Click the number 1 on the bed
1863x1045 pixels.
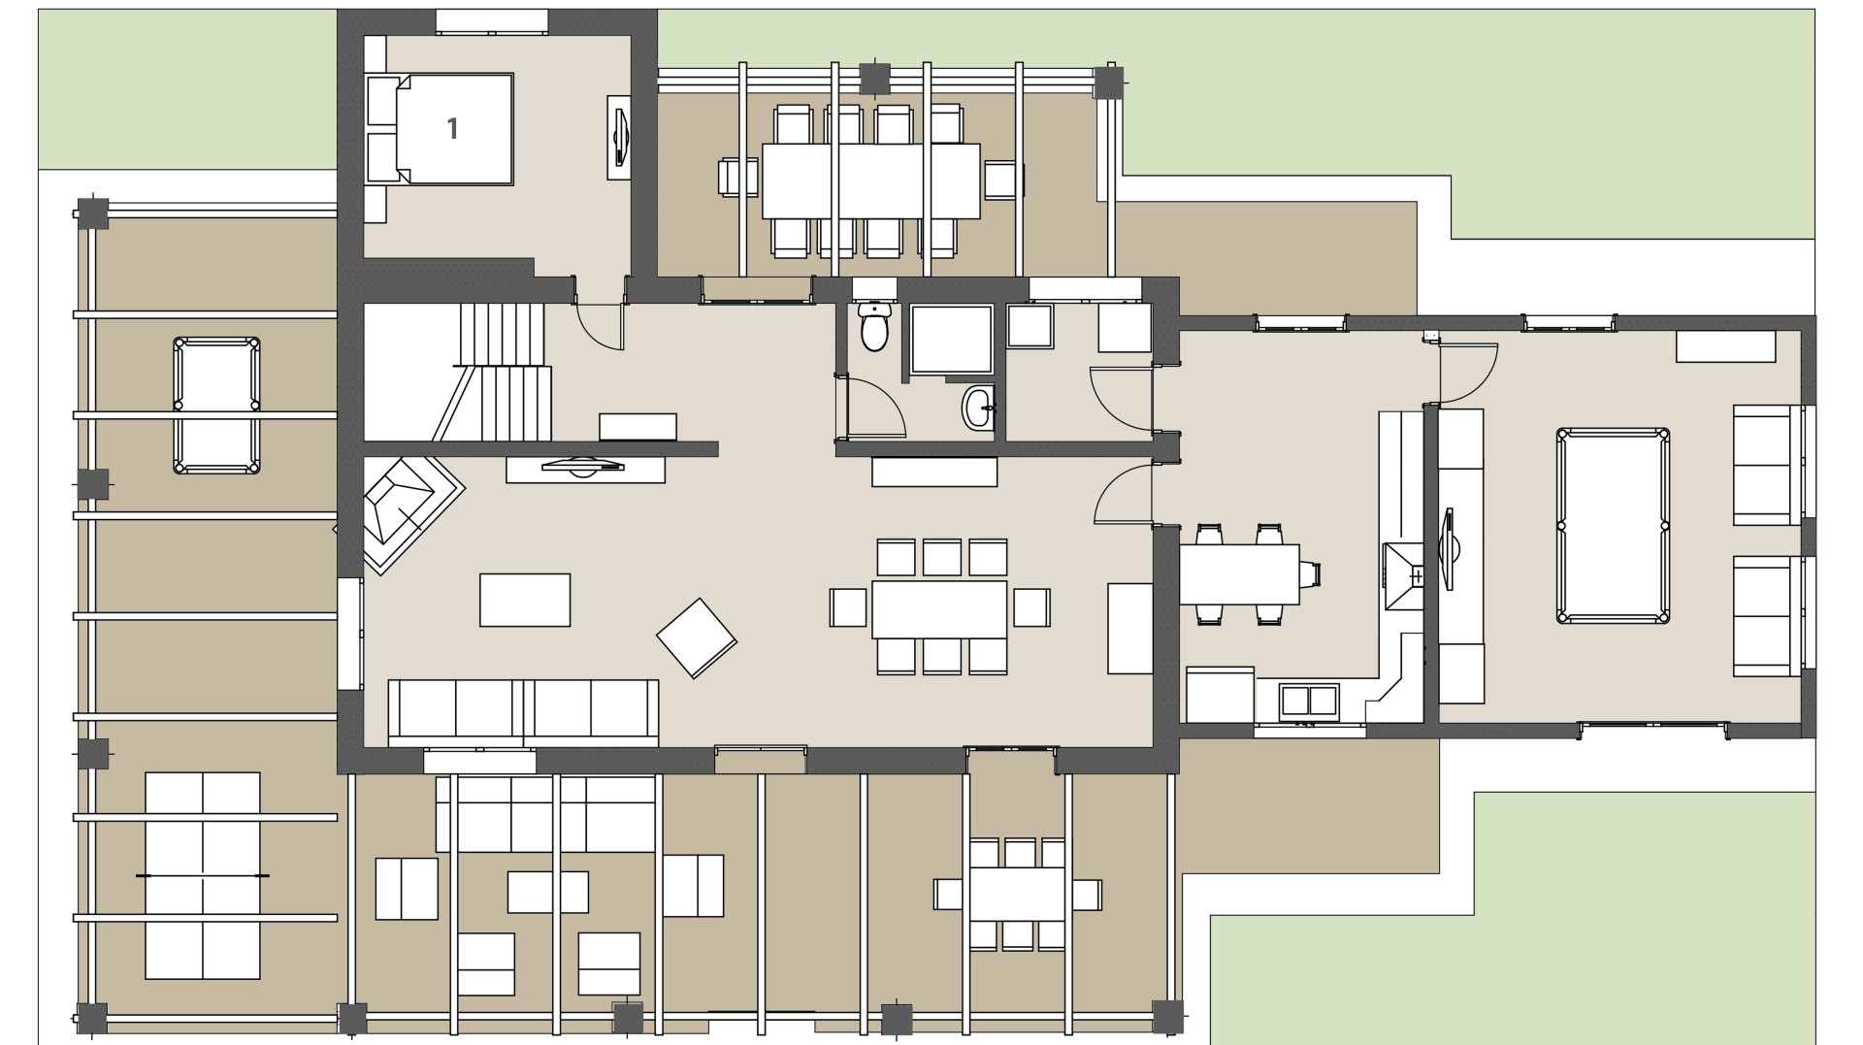tap(452, 128)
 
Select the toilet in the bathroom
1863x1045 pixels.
tap(874, 327)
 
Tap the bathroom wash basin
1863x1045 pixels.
tap(978, 408)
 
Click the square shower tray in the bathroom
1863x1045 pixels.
tap(952, 339)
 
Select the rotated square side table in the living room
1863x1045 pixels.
tap(696, 637)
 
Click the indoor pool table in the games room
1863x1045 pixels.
tap(1613, 525)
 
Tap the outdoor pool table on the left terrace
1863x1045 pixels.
tap(216, 405)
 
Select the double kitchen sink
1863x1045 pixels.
tap(1309, 700)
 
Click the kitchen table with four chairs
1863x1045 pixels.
tap(1239, 573)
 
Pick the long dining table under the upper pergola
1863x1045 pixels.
tap(870, 180)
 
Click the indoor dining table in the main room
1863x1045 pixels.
tap(938, 608)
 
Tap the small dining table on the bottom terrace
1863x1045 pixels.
tap(1017, 894)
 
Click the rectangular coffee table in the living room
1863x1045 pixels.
tap(525, 600)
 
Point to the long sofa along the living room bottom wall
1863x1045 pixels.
tap(523, 712)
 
